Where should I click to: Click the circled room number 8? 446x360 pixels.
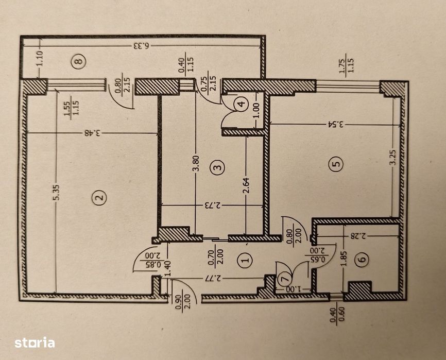pos(78,62)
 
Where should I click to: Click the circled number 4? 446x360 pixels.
pos(240,104)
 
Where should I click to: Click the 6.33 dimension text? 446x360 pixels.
pos(141,45)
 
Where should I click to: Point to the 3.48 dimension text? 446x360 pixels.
pos(93,133)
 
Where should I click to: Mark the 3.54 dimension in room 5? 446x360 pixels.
pos(335,124)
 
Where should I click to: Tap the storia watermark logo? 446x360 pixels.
pos(35,342)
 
